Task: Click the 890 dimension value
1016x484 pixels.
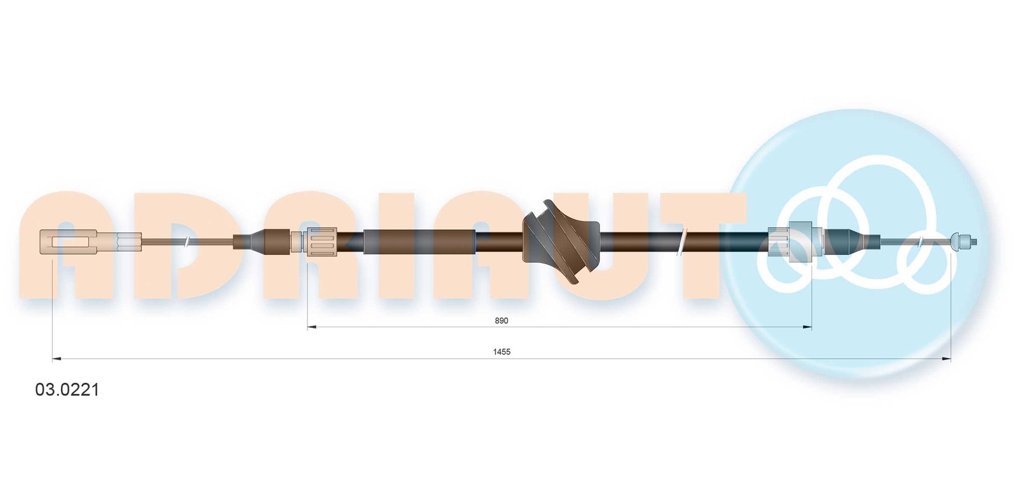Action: (501, 321)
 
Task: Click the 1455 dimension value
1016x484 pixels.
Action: (502, 352)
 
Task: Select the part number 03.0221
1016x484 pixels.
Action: (67, 390)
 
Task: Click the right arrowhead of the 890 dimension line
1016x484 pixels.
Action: (807, 326)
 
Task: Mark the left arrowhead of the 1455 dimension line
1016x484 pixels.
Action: (57, 359)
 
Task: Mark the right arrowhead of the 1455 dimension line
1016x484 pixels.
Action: (946, 359)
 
